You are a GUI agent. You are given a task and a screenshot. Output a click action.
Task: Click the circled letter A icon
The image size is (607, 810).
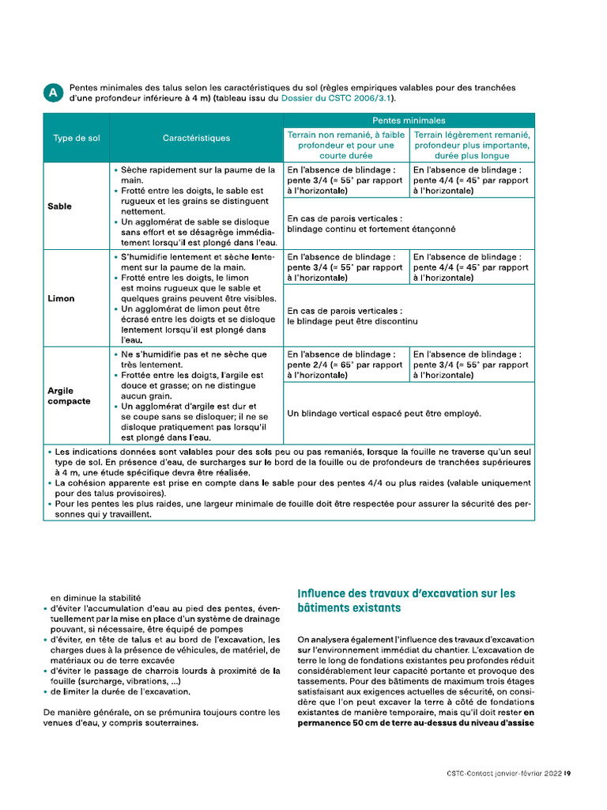pos(53,93)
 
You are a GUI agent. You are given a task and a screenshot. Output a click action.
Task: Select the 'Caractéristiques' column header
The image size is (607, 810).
pos(196,138)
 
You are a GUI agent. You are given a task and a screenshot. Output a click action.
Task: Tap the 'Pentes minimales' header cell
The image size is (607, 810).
pos(409,120)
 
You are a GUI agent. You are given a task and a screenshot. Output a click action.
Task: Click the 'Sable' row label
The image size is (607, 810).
pos(59,206)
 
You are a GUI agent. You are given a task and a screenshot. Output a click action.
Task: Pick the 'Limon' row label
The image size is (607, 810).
pos(61,299)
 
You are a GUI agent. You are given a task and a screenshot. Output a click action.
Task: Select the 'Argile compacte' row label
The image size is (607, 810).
pos(70,396)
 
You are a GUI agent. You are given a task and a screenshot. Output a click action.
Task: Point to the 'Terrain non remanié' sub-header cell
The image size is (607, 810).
pos(345,146)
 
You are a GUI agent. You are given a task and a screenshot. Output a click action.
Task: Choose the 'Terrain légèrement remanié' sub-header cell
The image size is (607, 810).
pos(472,146)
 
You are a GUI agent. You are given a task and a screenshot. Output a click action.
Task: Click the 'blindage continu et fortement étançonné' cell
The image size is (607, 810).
pos(371,224)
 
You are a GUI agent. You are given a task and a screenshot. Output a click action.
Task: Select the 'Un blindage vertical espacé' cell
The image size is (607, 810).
pos(384,413)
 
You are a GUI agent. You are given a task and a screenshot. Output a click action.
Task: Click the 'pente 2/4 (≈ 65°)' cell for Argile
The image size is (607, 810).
pos(345,365)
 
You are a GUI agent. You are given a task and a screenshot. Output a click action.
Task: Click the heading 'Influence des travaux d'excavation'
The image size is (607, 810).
pos(405,600)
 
